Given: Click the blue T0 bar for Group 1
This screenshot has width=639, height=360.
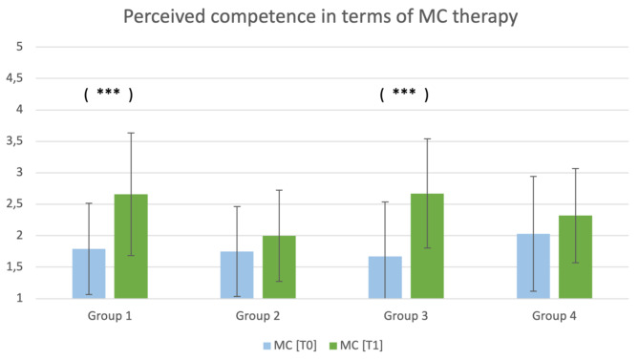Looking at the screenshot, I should (89, 274).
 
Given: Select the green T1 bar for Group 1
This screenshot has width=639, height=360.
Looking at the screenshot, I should (131, 246).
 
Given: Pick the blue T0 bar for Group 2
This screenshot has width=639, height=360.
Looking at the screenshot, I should (237, 275).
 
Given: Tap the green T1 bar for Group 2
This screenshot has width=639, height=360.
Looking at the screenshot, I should (279, 267).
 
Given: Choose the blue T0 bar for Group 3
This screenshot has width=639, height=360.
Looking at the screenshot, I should (385, 278).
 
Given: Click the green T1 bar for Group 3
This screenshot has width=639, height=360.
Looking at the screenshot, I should (427, 246).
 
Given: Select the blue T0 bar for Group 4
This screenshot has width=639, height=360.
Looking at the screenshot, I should (533, 266).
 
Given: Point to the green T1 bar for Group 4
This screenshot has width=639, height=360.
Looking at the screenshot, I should (575, 257).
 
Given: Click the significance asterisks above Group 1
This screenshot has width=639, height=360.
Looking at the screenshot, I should (108, 94).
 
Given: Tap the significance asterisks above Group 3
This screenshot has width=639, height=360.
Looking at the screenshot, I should (404, 94).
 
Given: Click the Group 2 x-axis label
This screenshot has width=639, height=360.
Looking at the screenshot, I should (258, 315).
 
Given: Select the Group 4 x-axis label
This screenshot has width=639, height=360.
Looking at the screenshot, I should (554, 315).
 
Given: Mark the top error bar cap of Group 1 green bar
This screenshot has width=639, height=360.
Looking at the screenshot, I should (131, 133).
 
